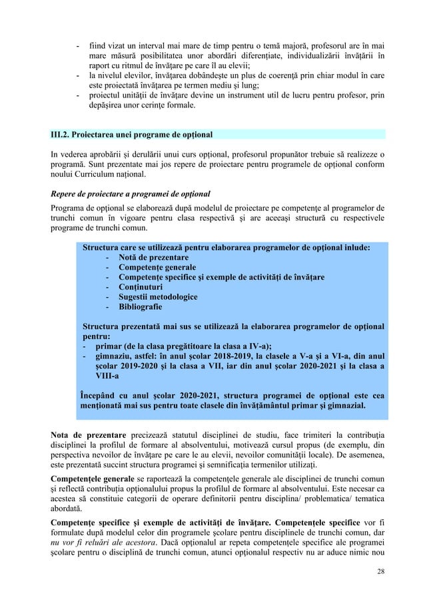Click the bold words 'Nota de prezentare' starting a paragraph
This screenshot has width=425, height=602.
tap(93, 437)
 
